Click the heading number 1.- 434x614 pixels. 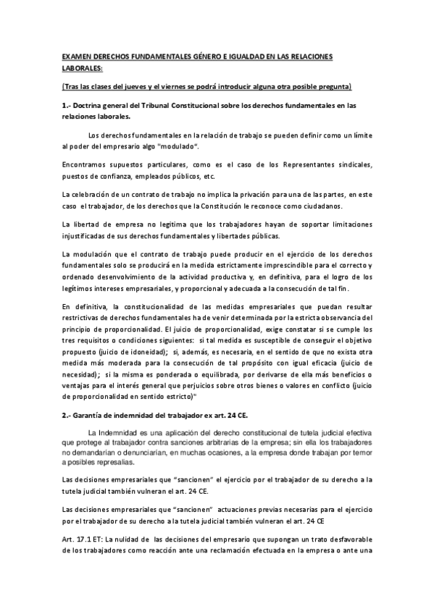(x=67, y=106)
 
